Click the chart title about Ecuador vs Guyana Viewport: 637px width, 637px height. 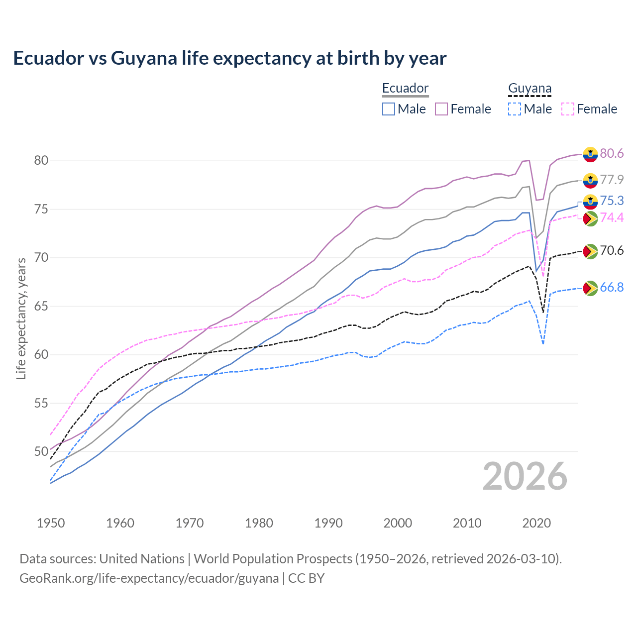(x=229, y=58)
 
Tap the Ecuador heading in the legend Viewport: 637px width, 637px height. (x=405, y=88)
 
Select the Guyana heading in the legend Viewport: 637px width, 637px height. (x=530, y=88)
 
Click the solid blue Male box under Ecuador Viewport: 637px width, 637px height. (x=389, y=109)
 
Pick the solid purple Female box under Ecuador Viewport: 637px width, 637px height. (x=441, y=109)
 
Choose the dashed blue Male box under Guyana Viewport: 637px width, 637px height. (x=515, y=109)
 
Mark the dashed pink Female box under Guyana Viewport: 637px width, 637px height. (x=568, y=109)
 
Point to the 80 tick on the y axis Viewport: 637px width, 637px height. (x=41, y=160)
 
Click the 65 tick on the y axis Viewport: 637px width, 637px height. (x=41, y=306)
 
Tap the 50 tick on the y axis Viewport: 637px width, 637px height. (x=41, y=451)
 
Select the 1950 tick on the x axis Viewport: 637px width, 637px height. (x=51, y=523)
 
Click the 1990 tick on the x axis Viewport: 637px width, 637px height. (x=328, y=523)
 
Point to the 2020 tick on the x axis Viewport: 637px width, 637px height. (x=536, y=523)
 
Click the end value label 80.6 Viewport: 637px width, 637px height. (x=612, y=154)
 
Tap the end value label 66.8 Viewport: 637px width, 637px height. (x=612, y=288)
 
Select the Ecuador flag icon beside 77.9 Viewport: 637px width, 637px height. (x=590, y=180)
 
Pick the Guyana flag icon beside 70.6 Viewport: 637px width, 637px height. (x=590, y=251)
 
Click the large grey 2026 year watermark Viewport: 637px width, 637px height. (x=525, y=476)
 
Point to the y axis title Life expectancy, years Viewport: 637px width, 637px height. (x=21, y=318)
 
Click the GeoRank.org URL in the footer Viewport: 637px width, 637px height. (x=149, y=578)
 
